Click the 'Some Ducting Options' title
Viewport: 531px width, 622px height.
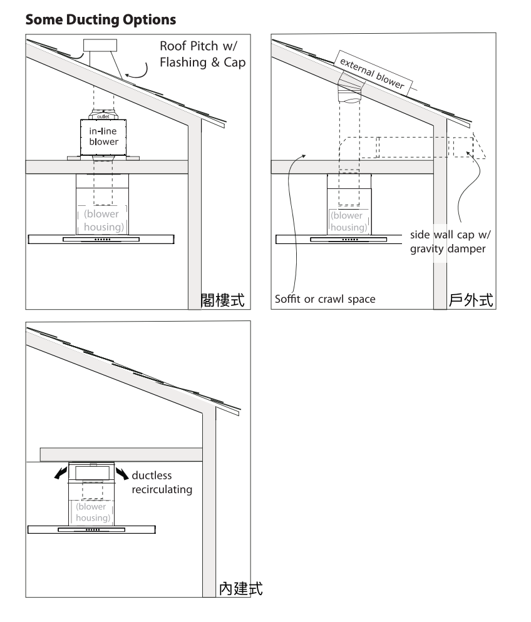100,19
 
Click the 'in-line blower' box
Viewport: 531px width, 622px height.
103,137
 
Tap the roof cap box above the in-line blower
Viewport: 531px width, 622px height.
100,45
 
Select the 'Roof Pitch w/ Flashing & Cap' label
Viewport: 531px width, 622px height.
202,54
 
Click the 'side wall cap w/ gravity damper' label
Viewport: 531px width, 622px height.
450,242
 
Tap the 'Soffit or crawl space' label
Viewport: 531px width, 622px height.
325,299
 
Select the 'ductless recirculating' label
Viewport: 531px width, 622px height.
162,482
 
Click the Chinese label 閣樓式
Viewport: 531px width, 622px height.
223,300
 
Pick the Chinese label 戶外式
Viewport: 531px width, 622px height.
471,300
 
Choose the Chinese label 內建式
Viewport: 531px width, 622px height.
241,589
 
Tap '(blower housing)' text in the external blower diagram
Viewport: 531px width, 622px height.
349,222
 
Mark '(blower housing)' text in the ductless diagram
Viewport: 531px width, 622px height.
93,512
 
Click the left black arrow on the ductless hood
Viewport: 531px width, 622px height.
61,472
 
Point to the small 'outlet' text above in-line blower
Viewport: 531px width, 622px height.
103,116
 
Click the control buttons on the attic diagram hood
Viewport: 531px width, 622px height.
103,240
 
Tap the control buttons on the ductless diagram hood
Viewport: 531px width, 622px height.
93,530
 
